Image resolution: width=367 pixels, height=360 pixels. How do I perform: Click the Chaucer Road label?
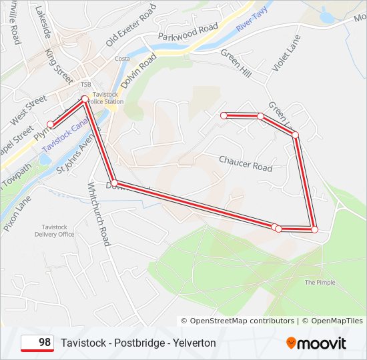[246, 163]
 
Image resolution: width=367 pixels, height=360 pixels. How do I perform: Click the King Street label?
[59, 65]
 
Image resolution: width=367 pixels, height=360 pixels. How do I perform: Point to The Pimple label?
[320, 283]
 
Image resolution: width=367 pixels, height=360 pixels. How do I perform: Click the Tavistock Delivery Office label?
[55, 231]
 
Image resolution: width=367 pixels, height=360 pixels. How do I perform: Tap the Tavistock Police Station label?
[108, 98]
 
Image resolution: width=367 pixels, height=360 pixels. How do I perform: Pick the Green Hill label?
[236, 63]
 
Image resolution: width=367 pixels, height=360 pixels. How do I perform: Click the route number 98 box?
[37, 343]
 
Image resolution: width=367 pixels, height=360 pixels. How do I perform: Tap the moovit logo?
[316, 343]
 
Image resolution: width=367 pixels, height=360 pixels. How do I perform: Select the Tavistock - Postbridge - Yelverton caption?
[138, 343]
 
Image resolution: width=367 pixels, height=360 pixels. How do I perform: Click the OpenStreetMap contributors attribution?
[237, 321]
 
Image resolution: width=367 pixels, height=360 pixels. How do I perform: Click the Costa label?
[121, 59]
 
